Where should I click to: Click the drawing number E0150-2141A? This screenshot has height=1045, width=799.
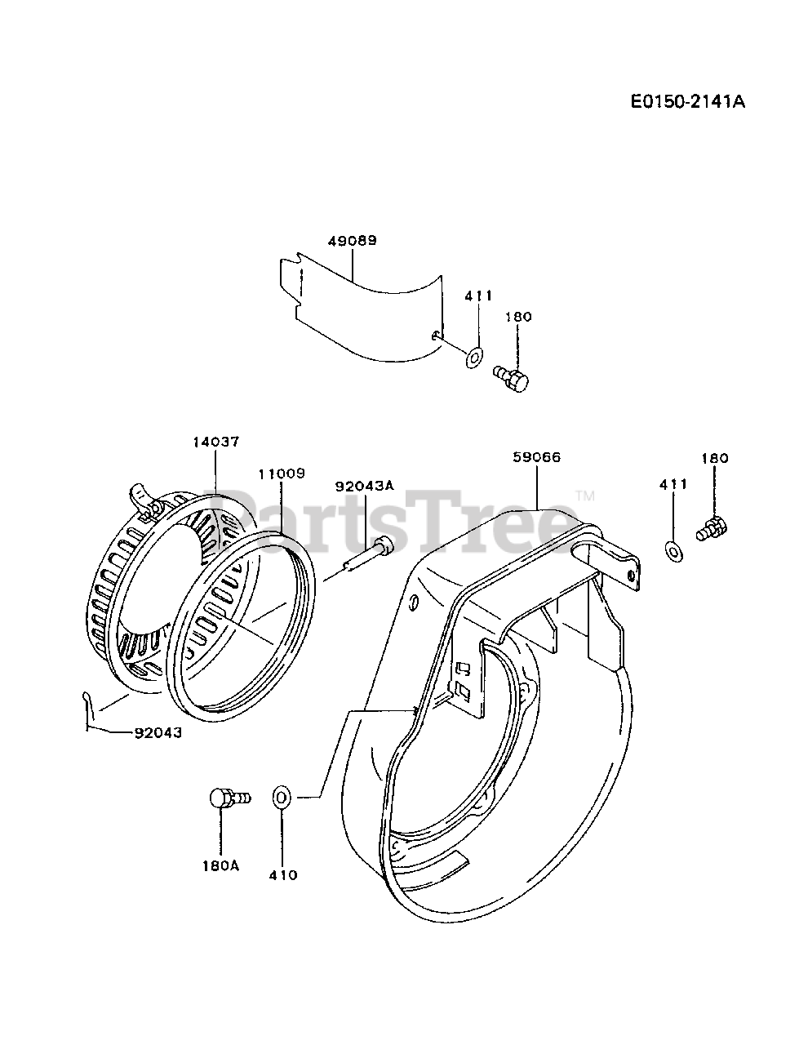tap(688, 101)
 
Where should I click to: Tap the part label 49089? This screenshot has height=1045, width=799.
tap(352, 240)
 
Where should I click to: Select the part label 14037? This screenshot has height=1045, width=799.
tap(215, 442)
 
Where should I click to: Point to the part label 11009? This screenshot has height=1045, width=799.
tap(282, 474)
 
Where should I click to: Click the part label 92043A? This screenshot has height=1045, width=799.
tap(365, 486)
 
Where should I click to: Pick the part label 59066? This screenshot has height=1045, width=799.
tap(537, 457)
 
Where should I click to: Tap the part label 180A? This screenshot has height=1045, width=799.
tap(221, 865)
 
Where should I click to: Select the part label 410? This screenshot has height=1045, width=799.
tap(282, 875)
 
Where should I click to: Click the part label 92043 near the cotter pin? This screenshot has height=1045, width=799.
tap(158, 732)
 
